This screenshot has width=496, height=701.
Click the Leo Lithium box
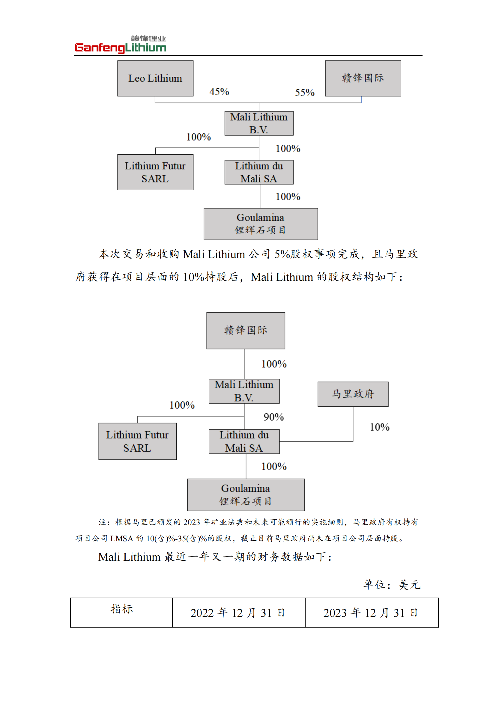pyautogui.click(x=155, y=78)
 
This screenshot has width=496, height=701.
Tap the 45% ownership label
pyautogui.click(x=219, y=92)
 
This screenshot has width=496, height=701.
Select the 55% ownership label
pyautogui.click(x=304, y=93)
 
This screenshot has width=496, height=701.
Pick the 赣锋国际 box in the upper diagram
pyautogui.click(x=363, y=78)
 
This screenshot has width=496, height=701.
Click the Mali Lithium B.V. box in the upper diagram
pyautogui.click(x=259, y=123)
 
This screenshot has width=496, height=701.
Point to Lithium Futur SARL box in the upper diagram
pyautogui.click(x=155, y=172)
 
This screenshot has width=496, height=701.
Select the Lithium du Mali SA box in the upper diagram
pyautogui.click(x=259, y=172)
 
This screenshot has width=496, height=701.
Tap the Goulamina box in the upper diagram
pyautogui.click(x=261, y=224)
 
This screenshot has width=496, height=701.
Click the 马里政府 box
pyautogui.click(x=353, y=394)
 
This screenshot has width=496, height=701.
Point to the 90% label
pyautogui.click(x=274, y=417)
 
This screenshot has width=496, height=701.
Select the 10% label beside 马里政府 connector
pyautogui.click(x=379, y=427)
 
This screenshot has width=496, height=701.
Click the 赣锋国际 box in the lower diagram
pyautogui.click(x=246, y=330)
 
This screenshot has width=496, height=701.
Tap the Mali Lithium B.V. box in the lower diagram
pyautogui.click(x=244, y=391)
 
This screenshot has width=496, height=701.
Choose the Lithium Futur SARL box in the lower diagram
pyautogui.click(x=137, y=441)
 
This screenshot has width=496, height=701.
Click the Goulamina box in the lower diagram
pyautogui.click(x=246, y=495)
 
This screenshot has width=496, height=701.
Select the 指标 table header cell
pyautogui.click(x=121, y=613)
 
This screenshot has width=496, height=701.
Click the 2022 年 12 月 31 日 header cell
pyautogui.click(x=238, y=613)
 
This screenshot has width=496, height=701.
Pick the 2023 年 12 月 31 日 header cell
pyautogui.click(x=372, y=613)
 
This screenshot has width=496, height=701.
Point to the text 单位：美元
pyautogui.click(x=392, y=585)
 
